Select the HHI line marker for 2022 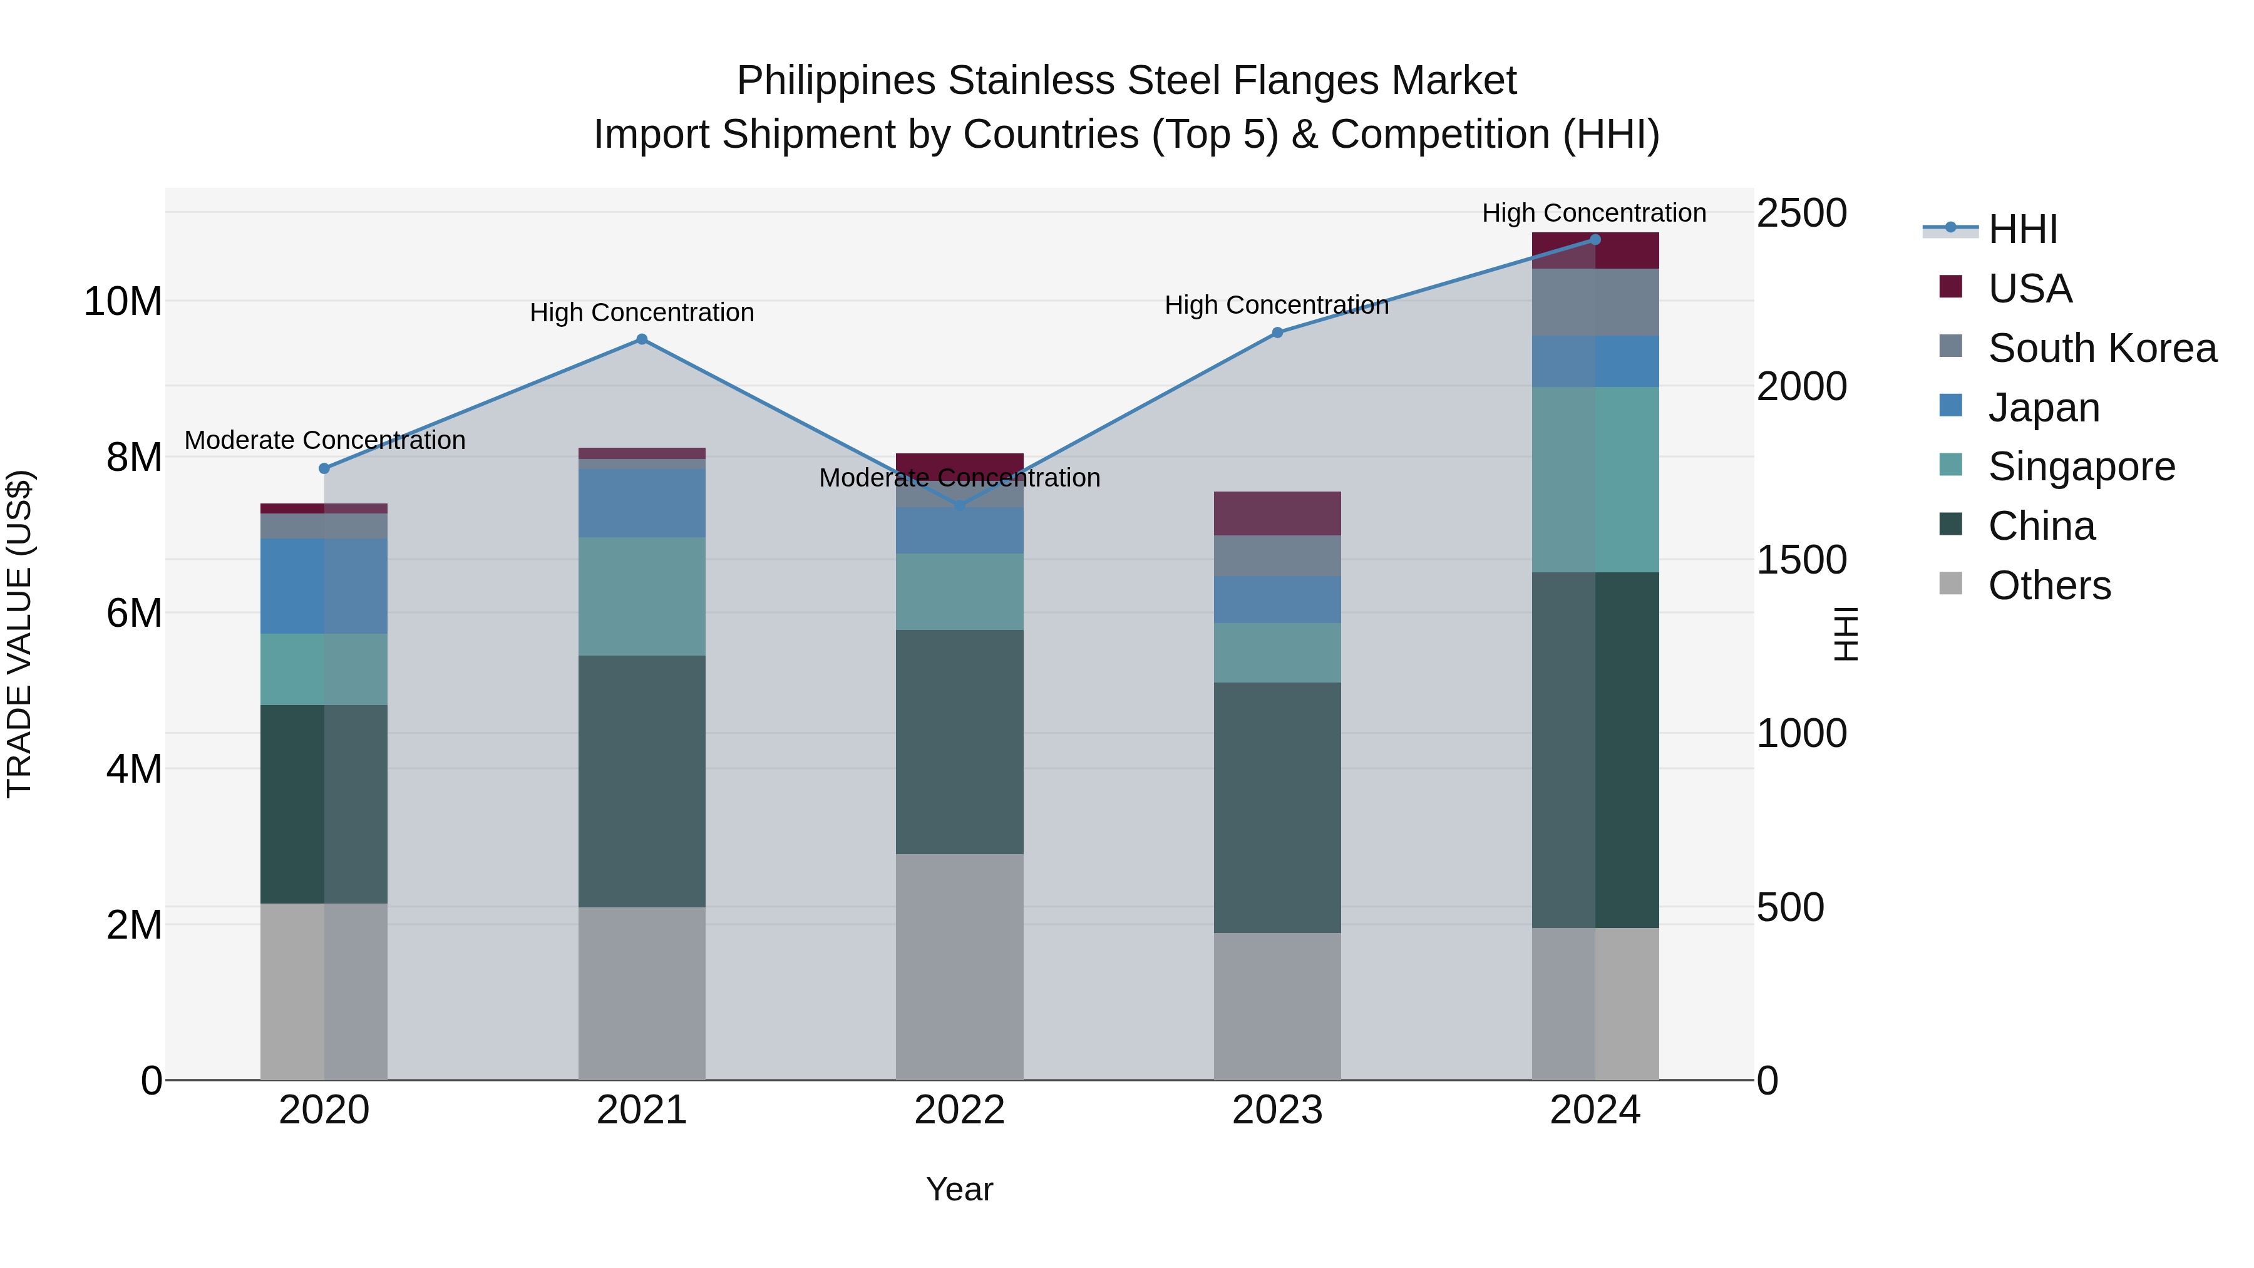pyautogui.click(x=960, y=506)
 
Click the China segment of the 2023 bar pyautogui.click(x=1277, y=807)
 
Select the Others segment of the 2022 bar pyautogui.click(x=959, y=966)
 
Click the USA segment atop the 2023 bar pyautogui.click(x=1277, y=513)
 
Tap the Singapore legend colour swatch pyautogui.click(x=1950, y=465)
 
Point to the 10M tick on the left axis pyautogui.click(x=123, y=302)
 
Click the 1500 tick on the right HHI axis pyautogui.click(x=1801, y=560)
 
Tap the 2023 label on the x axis pyautogui.click(x=1277, y=1110)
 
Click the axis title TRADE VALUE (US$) pyautogui.click(x=19, y=634)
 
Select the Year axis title pyautogui.click(x=959, y=1189)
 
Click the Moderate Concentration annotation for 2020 pyautogui.click(x=324, y=440)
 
